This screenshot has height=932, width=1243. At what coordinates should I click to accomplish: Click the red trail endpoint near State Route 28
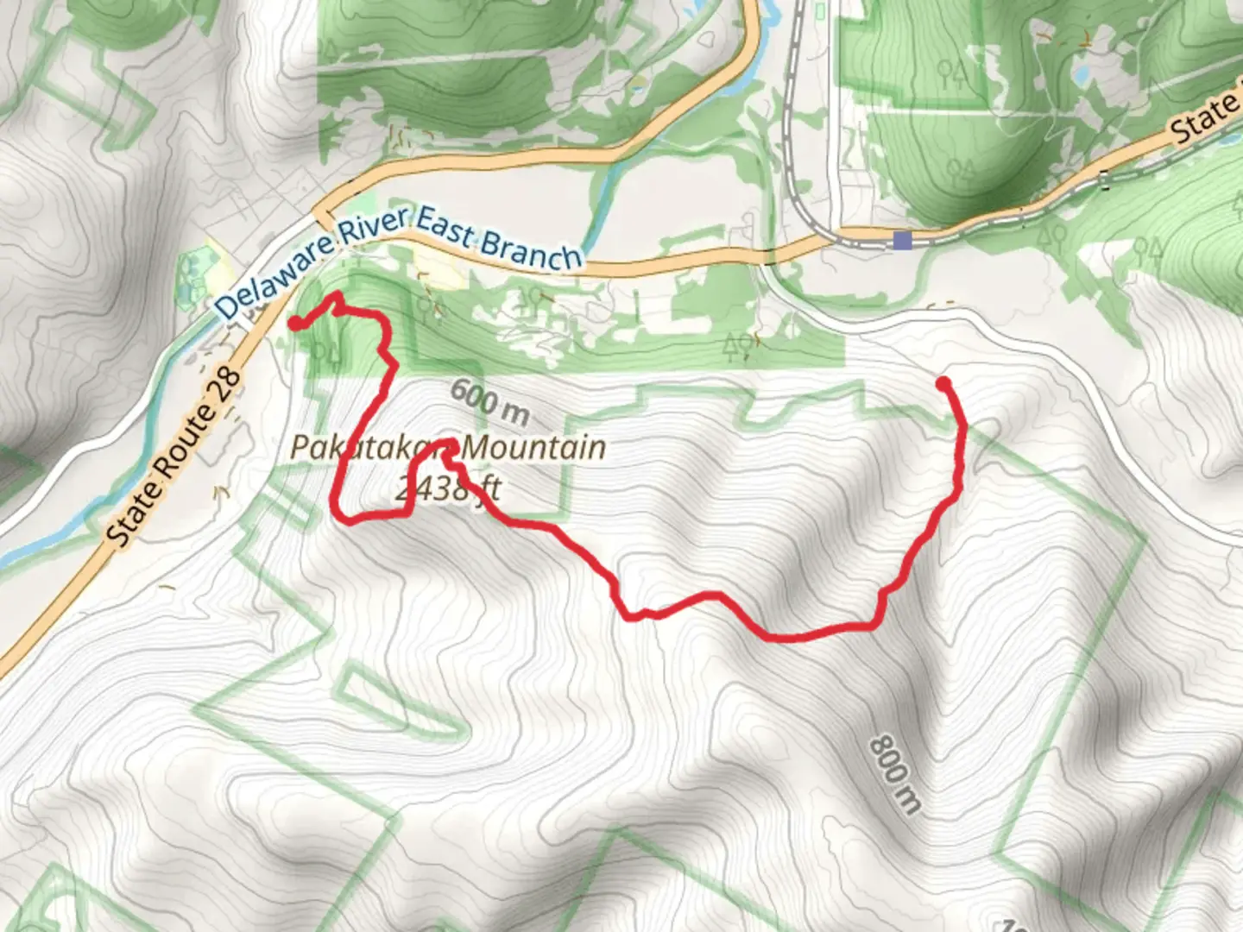point(294,324)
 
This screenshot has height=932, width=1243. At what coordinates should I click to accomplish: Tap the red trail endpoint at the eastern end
point(943,382)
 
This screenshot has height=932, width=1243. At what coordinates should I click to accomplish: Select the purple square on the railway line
point(903,240)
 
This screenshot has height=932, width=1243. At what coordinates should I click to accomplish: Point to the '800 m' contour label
point(895,774)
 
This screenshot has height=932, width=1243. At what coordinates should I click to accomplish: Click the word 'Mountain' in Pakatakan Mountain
point(533,448)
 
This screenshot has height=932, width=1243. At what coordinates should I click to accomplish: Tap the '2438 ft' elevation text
point(448,489)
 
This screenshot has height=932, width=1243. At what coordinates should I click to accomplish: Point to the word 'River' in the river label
point(372,226)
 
